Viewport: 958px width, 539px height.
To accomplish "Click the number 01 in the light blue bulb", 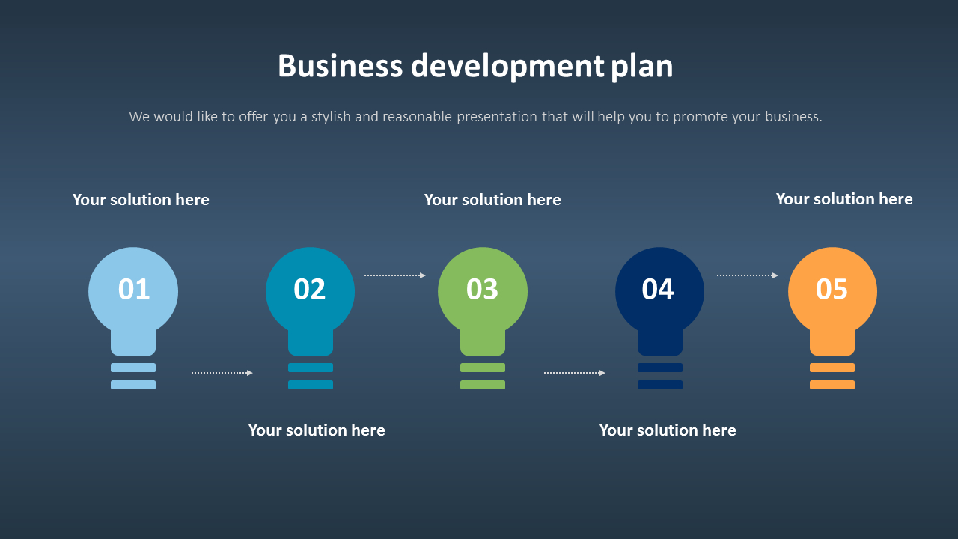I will click(134, 290).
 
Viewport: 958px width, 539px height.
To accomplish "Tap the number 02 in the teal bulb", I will click(310, 290).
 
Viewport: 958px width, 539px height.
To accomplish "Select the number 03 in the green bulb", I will click(482, 290).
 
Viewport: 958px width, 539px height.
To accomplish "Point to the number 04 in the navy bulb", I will click(658, 290).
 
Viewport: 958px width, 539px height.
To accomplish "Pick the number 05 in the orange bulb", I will click(832, 290).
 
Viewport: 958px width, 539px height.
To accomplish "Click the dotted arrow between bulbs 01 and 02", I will click(222, 372).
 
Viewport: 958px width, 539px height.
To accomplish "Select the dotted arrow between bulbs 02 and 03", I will click(394, 275).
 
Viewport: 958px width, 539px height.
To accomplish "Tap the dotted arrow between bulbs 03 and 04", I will click(574, 372).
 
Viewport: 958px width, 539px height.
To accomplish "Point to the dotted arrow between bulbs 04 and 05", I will click(747, 275).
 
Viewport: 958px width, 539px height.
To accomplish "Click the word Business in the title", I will click(340, 66).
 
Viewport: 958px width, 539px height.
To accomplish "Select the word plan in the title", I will click(642, 67).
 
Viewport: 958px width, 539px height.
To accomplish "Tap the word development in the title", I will click(507, 67).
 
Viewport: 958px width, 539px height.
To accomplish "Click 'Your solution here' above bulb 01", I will click(141, 200).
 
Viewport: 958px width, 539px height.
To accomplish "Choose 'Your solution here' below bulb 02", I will click(317, 430).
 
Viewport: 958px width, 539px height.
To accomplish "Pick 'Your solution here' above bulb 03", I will click(492, 200).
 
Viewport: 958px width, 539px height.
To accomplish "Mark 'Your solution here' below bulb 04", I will click(668, 430).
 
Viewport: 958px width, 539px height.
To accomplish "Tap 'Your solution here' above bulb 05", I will click(844, 199).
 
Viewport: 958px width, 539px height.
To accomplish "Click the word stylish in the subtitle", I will click(331, 117).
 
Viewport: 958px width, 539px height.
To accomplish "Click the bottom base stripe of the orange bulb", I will click(832, 385).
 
